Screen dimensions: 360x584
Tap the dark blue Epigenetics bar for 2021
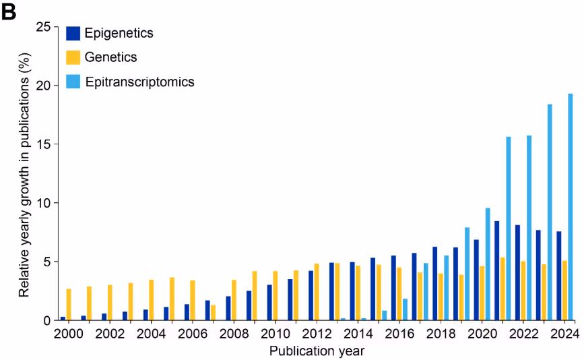coord(496,270)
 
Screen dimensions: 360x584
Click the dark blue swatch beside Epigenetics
coord(73,33)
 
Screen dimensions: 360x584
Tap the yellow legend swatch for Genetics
coord(73,57)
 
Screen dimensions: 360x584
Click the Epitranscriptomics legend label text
coord(139,82)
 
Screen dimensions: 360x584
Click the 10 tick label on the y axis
coord(42,203)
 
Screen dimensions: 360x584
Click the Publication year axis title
coord(317,351)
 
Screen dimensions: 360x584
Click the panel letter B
coord(9,12)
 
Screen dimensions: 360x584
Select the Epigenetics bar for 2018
coord(435,283)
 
